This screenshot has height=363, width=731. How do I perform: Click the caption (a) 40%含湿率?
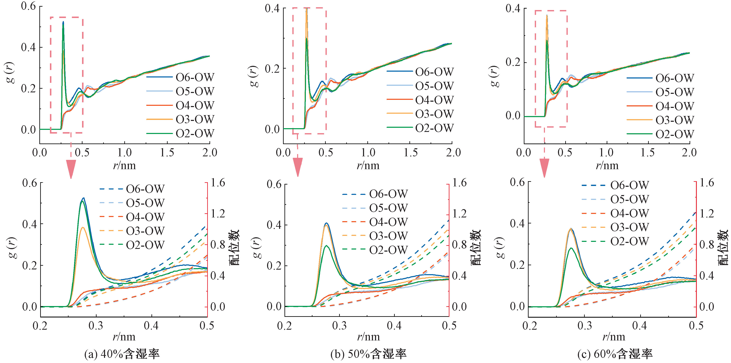[122, 354]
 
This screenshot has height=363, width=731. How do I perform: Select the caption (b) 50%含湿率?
[368, 354]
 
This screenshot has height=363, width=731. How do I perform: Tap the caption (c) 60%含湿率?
[615, 354]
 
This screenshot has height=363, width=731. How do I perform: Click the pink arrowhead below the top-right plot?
[544, 168]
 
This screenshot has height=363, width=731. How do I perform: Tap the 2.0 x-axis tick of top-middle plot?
[453, 153]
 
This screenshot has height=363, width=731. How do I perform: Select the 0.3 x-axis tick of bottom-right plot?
[585, 326]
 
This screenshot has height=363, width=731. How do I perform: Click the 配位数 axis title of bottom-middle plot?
[477, 247]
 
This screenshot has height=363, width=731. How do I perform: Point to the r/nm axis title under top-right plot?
[607, 165]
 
